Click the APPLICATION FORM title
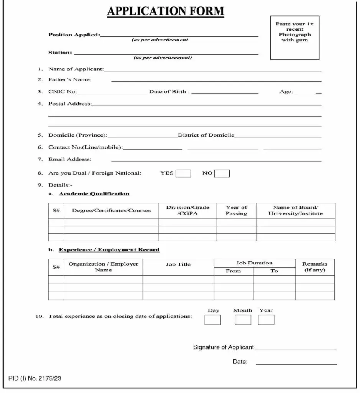[x=165, y=11]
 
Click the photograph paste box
[x=294, y=38]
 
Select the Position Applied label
[x=74, y=35]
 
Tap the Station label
[x=60, y=52]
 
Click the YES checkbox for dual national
[x=183, y=173]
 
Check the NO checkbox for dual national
[x=222, y=173]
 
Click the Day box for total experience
[x=212, y=320]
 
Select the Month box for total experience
[x=243, y=320]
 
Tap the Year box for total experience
[x=266, y=320]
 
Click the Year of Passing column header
[x=236, y=210]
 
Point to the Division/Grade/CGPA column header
[x=187, y=210]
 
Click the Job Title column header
[x=178, y=264]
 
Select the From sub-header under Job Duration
[x=233, y=271]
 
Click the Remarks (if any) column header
[x=315, y=267]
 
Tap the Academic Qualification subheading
[x=94, y=194]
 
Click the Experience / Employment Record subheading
[x=109, y=250]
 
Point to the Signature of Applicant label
[x=223, y=347]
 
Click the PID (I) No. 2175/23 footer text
[x=35, y=379]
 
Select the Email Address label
[x=70, y=159]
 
